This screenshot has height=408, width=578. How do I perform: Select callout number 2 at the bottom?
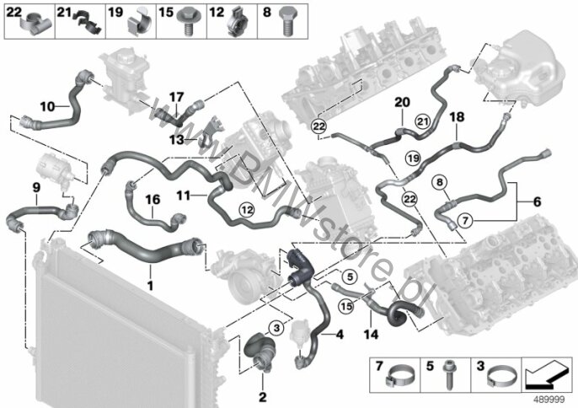[262, 396]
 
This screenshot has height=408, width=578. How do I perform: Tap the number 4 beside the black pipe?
[340, 335]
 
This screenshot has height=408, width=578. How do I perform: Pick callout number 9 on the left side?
[36, 186]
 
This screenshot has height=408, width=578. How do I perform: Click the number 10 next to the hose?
[47, 106]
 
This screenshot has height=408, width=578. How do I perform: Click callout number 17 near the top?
[175, 97]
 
